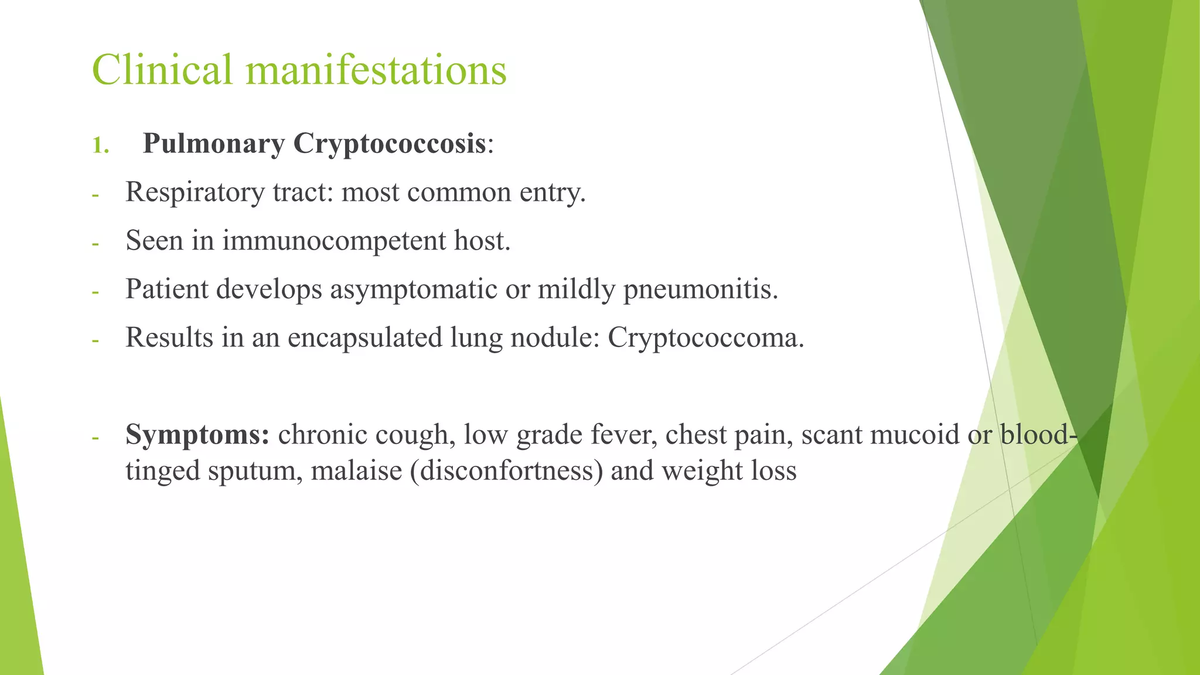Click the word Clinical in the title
[x=162, y=70]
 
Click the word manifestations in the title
[x=376, y=70]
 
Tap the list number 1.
[x=100, y=145]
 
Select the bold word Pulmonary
[x=214, y=144]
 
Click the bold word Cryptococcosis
[x=390, y=144]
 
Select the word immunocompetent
[x=334, y=241]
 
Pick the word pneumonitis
[x=700, y=289]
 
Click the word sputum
[x=255, y=472]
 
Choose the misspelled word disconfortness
[x=507, y=472]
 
